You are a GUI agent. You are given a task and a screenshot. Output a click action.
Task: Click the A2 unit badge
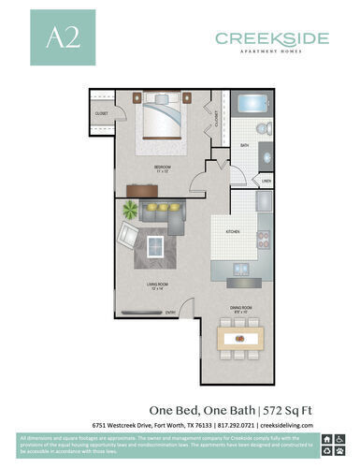pyautogui.click(x=54, y=38)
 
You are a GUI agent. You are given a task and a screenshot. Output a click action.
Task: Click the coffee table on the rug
pyautogui.click(x=154, y=246)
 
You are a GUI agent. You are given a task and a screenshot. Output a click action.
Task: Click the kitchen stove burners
pyautogui.click(x=264, y=239)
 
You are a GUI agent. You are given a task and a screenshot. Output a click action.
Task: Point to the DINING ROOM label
pyautogui.click(x=240, y=305)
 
